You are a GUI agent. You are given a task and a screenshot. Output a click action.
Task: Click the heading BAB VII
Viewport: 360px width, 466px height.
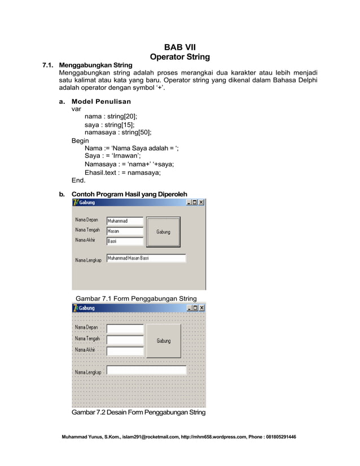tap(179, 47)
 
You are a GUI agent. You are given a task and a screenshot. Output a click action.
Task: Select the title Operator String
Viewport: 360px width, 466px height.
tap(179, 56)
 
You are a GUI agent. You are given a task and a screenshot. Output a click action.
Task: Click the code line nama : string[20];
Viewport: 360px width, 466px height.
tap(111, 117)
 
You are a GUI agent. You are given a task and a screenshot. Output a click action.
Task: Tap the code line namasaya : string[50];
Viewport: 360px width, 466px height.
tap(118, 133)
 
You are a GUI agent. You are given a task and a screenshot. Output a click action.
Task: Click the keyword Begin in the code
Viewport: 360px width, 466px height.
tap(80, 140)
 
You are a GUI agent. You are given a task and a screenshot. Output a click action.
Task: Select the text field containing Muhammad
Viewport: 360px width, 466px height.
tap(125, 221)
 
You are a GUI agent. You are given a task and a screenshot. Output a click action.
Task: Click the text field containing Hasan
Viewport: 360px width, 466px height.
tap(125, 231)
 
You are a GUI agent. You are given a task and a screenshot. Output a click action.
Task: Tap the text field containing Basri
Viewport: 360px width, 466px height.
tap(125, 241)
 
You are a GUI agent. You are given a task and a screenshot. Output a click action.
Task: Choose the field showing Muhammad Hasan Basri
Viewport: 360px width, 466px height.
tap(146, 258)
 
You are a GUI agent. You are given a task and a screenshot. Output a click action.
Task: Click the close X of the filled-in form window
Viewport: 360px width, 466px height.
tap(201, 203)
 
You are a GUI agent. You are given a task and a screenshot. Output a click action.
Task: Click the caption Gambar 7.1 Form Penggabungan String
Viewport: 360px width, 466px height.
tap(136, 298)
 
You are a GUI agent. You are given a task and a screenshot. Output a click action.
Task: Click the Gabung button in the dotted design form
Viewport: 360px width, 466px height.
tap(164, 341)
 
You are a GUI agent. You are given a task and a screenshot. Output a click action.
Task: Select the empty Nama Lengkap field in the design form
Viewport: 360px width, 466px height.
tap(146, 371)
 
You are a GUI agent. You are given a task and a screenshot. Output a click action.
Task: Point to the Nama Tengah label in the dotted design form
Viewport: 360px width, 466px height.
tap(87, 339)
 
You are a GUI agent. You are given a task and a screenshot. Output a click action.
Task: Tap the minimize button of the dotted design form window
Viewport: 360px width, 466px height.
tap(190, 308)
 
